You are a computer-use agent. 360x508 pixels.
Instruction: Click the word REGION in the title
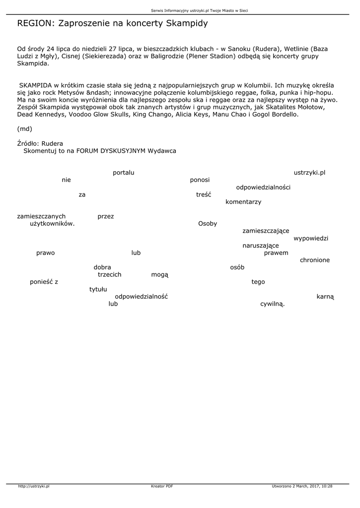[x=35, y=23]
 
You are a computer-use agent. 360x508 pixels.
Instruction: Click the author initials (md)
[x=24, y=129]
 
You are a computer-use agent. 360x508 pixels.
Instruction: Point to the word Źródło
[x=28, y=143]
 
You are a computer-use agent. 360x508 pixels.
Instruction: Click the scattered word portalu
[x=124, y=173]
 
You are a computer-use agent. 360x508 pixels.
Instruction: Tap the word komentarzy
[x=243, y=202]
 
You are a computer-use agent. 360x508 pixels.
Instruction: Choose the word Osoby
[x=208, y=224]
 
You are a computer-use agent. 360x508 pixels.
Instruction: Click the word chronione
[x=315, y=260]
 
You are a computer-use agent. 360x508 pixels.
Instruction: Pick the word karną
[x=325, y=296]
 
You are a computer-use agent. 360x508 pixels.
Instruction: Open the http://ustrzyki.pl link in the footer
[x=34, y=486]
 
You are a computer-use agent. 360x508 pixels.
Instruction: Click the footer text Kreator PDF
[x=162, y=486]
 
